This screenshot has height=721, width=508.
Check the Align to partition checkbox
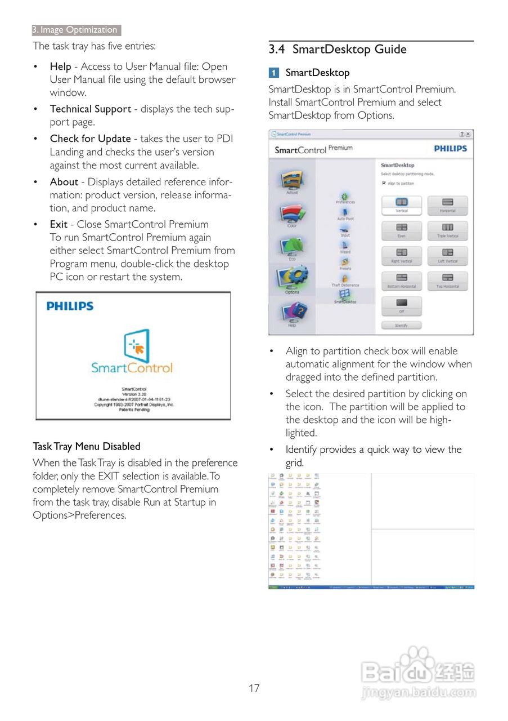point(384,183)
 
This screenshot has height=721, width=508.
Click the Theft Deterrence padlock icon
point(345,278)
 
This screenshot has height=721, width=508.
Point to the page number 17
point(254,688)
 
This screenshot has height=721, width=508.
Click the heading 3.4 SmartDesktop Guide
point(338,50)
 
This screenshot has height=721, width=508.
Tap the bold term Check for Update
point(90,139)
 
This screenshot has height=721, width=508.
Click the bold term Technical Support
point(90,109)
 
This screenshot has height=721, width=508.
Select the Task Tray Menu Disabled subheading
point(86,446)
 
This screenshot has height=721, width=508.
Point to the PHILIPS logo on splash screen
point(70,306)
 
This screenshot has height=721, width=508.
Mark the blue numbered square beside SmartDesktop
point(273,73)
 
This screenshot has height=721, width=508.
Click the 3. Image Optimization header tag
point(75,30)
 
